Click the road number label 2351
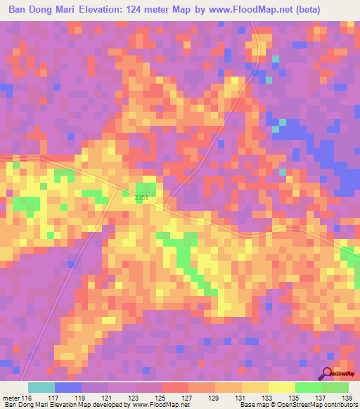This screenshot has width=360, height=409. click(x=141, y=198)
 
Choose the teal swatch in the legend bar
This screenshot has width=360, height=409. click(x=41, y=387)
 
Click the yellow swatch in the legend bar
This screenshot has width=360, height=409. click(x=281, y=387)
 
